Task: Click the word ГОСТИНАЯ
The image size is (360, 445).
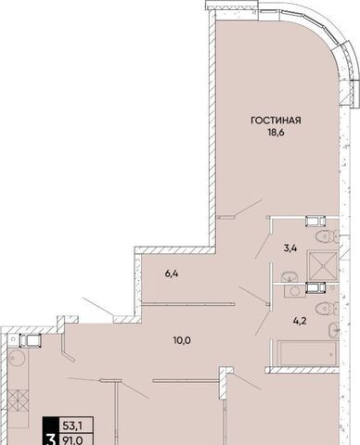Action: point(276,121)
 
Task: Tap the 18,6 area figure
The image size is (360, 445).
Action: point(276,133)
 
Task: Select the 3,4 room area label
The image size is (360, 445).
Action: point(290,248)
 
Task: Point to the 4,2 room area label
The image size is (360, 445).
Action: point(300,321)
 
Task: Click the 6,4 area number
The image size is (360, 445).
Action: point(172,273)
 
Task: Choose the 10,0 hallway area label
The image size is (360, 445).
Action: point(182,340)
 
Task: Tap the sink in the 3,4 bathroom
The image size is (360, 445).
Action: point(289,275)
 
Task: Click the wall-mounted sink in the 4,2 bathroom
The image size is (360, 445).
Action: point(334,330)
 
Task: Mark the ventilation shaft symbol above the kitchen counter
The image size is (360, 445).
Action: point(31,340)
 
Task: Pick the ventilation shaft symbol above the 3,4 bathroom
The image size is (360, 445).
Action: point(315,222)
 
